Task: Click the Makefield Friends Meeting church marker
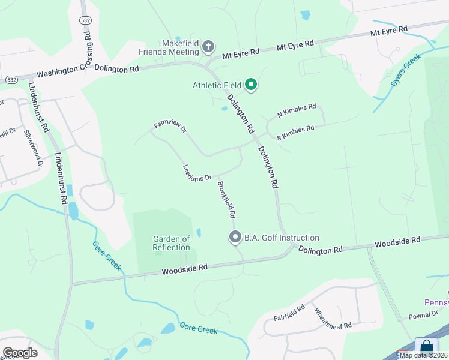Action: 208,46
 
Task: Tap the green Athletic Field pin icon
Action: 252,85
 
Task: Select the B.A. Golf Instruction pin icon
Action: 235,238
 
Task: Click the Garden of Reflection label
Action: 171,243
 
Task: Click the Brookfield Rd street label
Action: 226,199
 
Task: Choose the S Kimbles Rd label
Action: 295,133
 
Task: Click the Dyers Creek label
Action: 405,72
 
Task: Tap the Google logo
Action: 20,352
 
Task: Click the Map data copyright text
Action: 423,355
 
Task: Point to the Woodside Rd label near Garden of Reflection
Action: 184,269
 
